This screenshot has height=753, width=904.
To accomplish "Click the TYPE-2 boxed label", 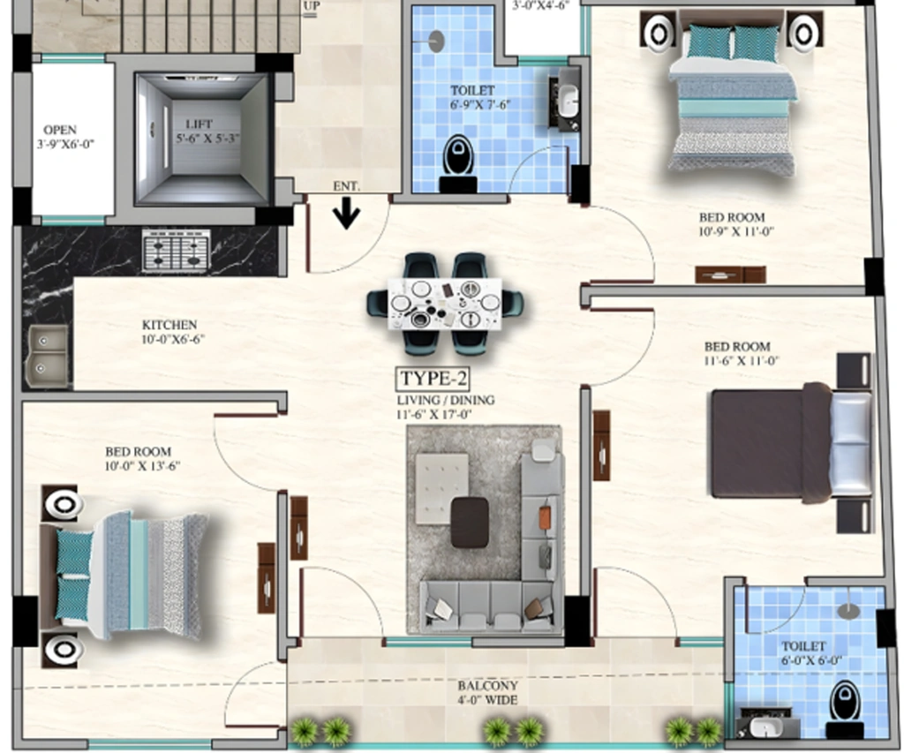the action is (x=433, y=379).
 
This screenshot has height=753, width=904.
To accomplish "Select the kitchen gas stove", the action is (x=177, y=250).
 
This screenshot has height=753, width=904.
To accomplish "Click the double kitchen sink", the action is (x=48, y=356).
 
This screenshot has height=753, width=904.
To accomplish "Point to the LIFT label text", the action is (x=199, y=124).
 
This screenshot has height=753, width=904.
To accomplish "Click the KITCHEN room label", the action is (x=169, y=325).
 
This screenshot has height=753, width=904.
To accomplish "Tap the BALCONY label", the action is (x=487, y=686).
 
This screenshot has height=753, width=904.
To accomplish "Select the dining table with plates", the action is (x=445, y=303).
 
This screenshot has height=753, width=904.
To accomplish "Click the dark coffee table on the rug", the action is (x=470, y=523).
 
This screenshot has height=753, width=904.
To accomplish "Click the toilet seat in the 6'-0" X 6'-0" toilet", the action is (x=845, y=702).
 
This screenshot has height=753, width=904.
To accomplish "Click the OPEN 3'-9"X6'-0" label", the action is (x=64, y=137).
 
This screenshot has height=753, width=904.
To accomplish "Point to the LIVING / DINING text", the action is (x=446, y=400).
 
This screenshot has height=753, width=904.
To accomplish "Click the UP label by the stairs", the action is (x=311, y=6).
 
